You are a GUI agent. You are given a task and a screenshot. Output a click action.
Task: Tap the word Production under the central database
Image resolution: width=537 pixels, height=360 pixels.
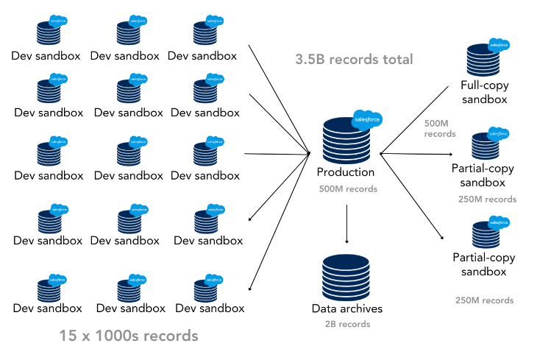tap(346, 172)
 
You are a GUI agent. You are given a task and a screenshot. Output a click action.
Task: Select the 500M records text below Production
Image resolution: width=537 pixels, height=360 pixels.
tap(346, 189)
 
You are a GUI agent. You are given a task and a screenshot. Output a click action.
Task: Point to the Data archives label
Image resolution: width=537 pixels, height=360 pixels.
tap(347, 308)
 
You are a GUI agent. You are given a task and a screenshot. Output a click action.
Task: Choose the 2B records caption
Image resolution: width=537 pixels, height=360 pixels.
tap(347, 324)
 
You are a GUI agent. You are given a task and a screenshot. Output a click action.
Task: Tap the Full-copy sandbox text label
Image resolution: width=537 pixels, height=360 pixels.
tap(485, 92)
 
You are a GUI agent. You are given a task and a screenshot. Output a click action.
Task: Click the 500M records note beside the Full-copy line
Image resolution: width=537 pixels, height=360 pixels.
tap(440, 128)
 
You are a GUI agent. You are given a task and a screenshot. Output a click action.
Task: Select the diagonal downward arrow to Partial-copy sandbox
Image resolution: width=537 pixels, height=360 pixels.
tap(412, 195)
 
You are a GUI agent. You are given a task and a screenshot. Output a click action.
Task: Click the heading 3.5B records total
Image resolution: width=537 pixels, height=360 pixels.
tap(354, 59)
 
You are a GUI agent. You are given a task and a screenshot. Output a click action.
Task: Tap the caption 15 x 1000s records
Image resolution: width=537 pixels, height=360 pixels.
tap(129, 336)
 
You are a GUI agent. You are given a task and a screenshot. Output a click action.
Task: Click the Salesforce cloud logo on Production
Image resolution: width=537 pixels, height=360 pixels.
tap(366, 117)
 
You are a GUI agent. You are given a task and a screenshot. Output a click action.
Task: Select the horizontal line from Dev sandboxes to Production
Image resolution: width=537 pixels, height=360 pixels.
tap(276, 154)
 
